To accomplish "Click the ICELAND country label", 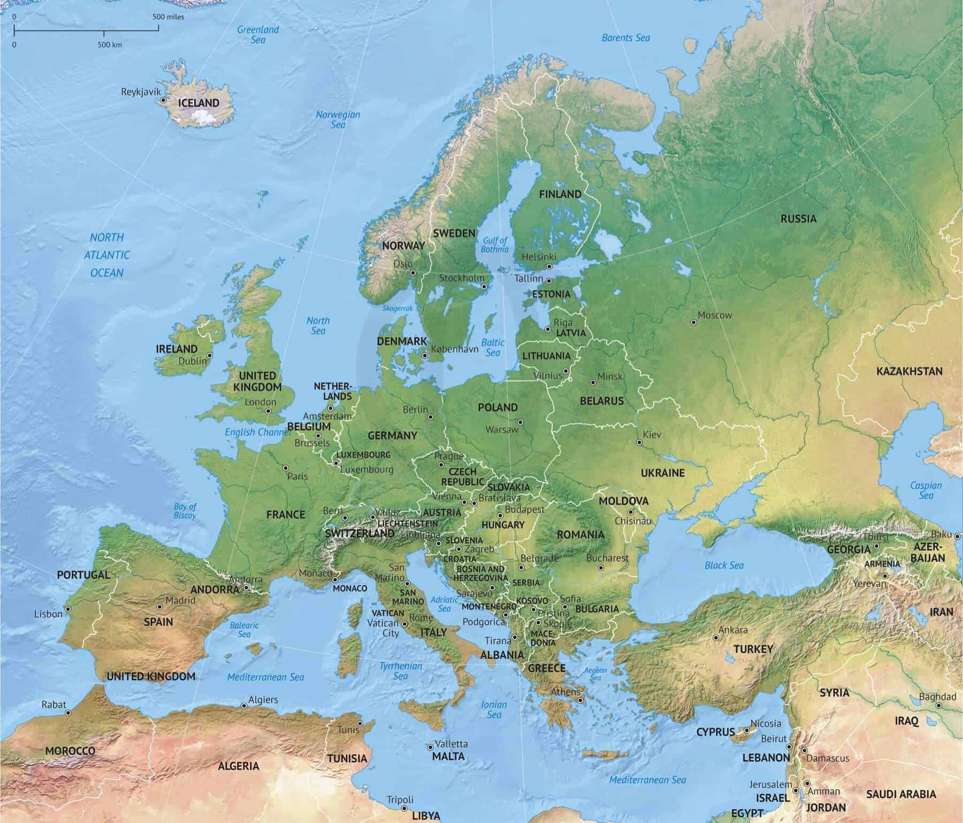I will pyautogui.click(x=198, y=103).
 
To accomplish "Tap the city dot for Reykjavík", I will pyautogui.click(x=163, y=100).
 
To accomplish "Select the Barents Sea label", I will pyautogui.click(x=625, y=37).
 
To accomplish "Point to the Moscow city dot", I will pyautogui.click(x=693, y=323).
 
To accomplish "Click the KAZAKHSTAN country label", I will pyautogui.click(x=909, y=371).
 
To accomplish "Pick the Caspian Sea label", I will pyautogui.click(x=926, y=490).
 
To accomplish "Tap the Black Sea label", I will pyautogui.click(x=724, y=565).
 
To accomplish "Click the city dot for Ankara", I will pyautogui.click(x=716, y=638).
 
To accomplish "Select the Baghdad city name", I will pyautogui.click(x=937, y=697).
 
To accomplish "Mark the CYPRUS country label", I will pyautogui.click(x=715, y=732).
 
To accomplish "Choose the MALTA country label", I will pyautogui.click(x=448, y=756).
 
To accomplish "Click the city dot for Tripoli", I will pyautogui.click(x=404, y=808).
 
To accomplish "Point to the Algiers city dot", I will pyautogui.click(x=244, y=706).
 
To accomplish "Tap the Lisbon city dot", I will pyautogui.click(x=68, y=609).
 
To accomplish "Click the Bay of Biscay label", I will pyautogui.click(x=185, y=511).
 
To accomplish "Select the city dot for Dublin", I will pyautogui.click(x=210, y=355).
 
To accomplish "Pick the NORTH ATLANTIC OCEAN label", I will pyautogui.click(x=107, y=255).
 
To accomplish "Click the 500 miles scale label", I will pyautogui.click(x=168, y=17).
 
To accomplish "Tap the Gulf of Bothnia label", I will pyautogui.click(x=494, y=245).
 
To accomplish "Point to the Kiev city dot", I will pyautogui.click(x=639, y=443).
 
